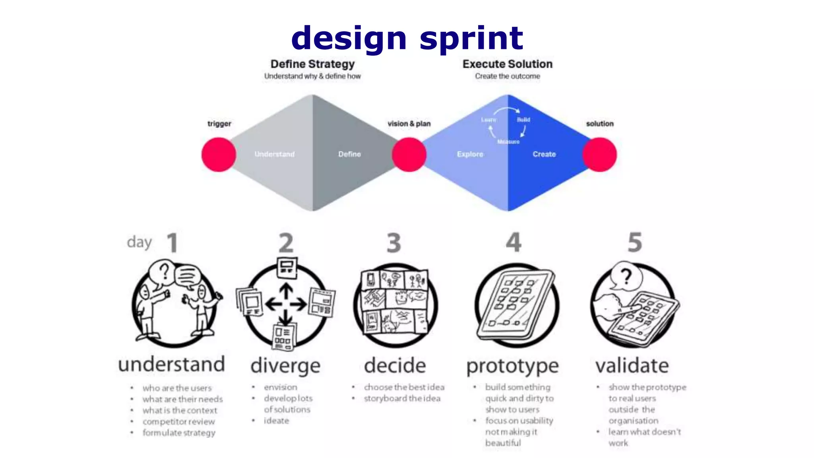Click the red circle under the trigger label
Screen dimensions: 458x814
(x=219, y=154)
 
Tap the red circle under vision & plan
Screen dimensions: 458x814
(x=409, y=154)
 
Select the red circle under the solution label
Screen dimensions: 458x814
(x=600, y=154)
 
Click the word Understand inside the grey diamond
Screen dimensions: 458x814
(x=275, y=154)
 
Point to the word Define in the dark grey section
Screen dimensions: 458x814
(x=349, y=154)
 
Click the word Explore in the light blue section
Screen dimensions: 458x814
(x=470, y=154)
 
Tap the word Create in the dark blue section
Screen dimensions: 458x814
(x=544, y=154)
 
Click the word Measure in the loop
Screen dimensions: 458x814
(x=508, y=142)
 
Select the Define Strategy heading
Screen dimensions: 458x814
(x=312, y=64)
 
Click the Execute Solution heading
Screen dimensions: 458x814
(x=507, y=64)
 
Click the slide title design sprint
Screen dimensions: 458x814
(x=407, y=38)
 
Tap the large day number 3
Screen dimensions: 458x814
(x=394, y=243)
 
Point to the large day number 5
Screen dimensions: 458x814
(x=634, y=242)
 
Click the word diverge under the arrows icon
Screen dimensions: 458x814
(x=285, y=366)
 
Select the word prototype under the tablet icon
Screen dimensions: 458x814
(x=512, y=366)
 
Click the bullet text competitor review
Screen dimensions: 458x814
(x=178, y=421)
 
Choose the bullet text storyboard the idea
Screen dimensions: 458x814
(x=402, y=398)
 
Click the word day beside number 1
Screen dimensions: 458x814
(x=140, y=242)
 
